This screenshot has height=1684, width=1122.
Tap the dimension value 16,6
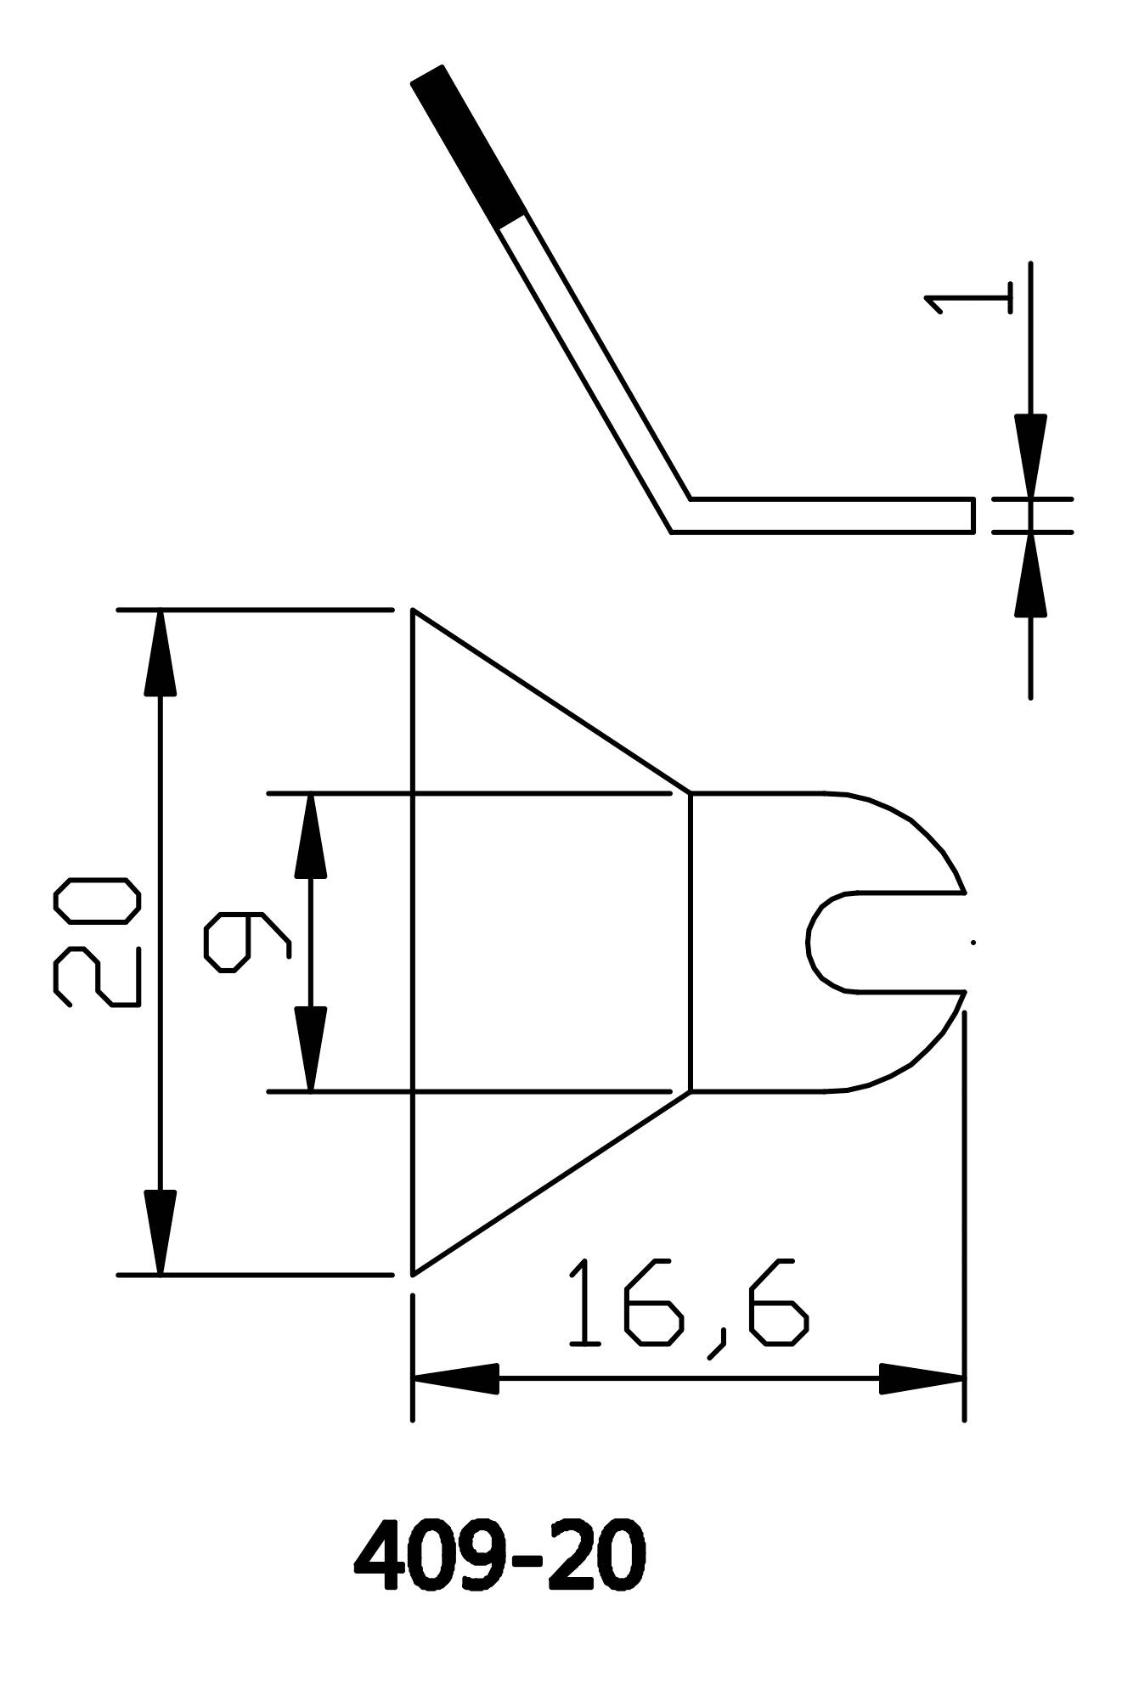pyautogui.click(x=687, y=1315)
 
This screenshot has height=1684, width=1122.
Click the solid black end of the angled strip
pyautogui.click(x=466, y=144)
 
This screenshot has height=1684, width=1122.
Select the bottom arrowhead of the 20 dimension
pyautogui.click(x=160, y=1231)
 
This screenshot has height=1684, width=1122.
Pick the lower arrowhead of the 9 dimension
pyautogui.click(x=310, y=1050)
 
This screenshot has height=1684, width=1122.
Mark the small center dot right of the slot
pyautogui.click(x=973, y=942)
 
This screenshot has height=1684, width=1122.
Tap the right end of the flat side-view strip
pyautogui.click(x=972, y=515)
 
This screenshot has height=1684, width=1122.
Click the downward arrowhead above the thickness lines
pyautogui.click(x=1030, y=454)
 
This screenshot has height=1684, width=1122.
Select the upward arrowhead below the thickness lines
pyautogui.click(x=1030, y=575)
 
